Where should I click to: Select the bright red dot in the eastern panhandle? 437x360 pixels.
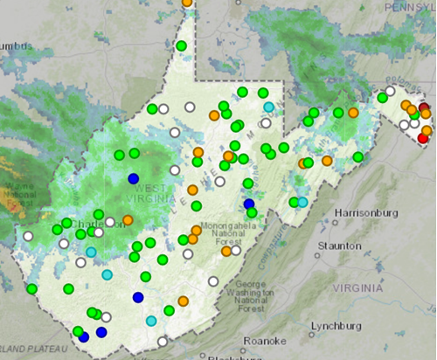point(424,137)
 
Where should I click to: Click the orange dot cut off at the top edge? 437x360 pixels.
point(187,3)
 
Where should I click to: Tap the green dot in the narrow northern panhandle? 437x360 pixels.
point(182,45)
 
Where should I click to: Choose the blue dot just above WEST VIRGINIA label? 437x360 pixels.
point(133,178)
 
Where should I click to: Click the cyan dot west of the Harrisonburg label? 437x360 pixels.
point(302,202)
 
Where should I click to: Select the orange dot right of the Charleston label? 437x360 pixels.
point(128,220)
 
